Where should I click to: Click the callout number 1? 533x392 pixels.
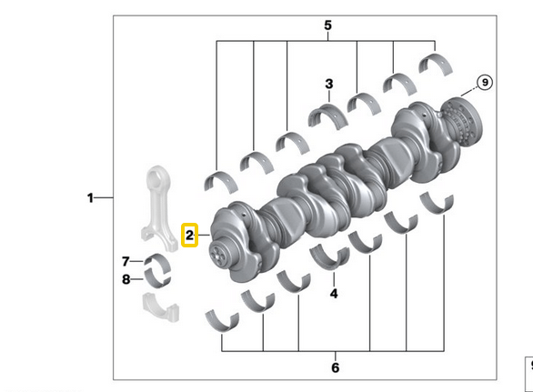tap(90, 197)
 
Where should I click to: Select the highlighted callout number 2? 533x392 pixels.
tap(190, 236)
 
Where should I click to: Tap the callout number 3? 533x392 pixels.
tap(329, 85)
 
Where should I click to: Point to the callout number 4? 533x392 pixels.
tap(334, 294)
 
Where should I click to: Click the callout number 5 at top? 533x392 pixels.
tap(327, 26)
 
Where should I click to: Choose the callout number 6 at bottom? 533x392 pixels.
tap(335, 367)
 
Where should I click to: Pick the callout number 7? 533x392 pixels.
tap(126, 261)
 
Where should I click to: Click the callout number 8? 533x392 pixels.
tap(126, 278)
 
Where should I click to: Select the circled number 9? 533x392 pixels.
tap(485, 83)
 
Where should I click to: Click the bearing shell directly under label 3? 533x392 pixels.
tap(327, 115)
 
